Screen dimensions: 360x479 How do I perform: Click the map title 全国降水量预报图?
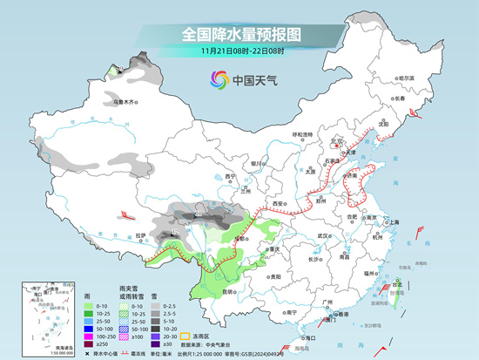[239, 34]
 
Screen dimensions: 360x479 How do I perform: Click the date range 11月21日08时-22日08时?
[240, 52]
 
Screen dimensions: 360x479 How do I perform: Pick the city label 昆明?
[228, 289]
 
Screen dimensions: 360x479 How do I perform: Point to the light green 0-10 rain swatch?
[90, 306]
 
